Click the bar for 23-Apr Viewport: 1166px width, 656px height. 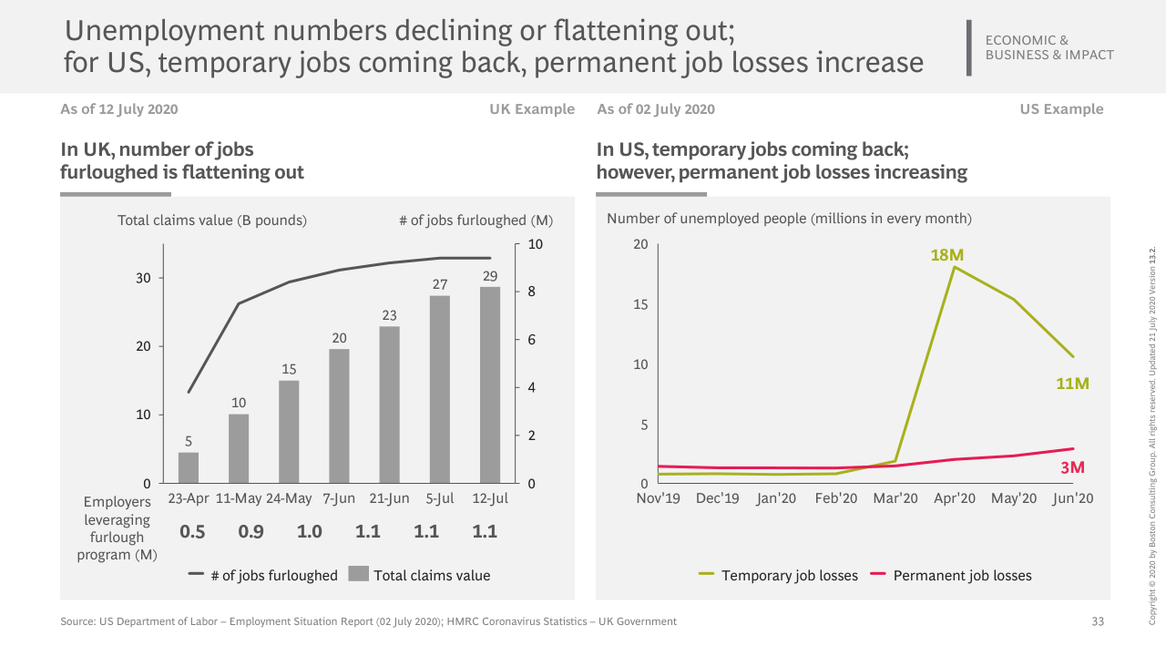tap(189, 467)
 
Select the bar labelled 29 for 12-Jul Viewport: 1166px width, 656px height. tap(490, 384)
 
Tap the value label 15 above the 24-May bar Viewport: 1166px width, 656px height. tap(289, 369)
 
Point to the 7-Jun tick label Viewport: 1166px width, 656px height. tap(340, 498)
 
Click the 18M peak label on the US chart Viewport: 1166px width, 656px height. tap(946, 255)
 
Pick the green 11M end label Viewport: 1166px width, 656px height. tap(1072, 384)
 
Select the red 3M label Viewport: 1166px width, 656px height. tap(1072, 467)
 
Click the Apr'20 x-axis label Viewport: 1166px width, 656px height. tap(955, 498)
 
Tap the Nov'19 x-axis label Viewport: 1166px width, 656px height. tap(658, 498)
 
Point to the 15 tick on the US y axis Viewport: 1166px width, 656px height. tap(640, 304)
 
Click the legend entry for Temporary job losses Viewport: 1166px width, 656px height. tap(778, 575)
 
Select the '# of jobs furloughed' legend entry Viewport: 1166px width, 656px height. tap(263, 575)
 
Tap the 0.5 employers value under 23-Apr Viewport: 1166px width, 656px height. tap(192, 532)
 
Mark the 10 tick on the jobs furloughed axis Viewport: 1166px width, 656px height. tap(536, 244)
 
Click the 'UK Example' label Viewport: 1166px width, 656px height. tap(532, 109)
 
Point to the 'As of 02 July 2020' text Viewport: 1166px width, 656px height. tap(656, 109)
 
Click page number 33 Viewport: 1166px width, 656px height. tap(1098, 621)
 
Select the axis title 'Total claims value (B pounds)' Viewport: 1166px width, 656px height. tap(212, 220)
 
